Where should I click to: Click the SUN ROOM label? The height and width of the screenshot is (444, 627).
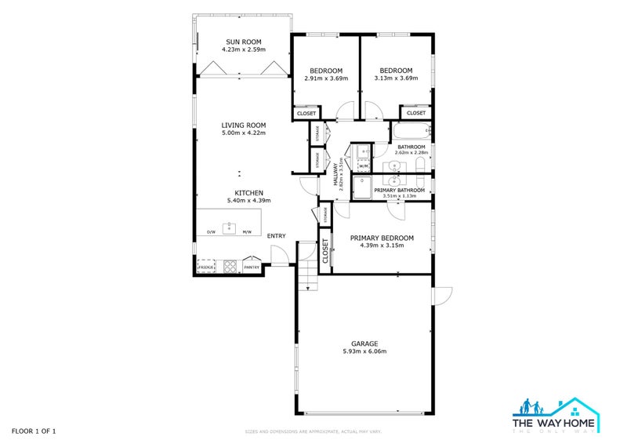coord(243,42)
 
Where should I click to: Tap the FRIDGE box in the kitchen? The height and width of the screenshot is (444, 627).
coord(206,267)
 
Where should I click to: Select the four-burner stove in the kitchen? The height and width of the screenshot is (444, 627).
coord(230,267)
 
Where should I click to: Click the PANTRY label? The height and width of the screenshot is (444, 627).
coord(252,267)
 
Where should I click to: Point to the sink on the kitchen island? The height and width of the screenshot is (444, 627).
coord(230,228)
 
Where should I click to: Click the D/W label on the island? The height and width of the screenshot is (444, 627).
coord(211,232)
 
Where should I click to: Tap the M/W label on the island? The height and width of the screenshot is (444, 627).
coord(247,232)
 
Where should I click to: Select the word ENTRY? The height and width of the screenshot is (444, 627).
coord(276,236)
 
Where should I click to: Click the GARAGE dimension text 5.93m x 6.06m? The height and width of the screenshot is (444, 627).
coord(364,351)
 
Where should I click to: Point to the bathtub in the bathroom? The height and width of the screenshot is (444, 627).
coord(410,133)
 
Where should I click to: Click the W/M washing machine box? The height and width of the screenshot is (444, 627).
coord(364,166)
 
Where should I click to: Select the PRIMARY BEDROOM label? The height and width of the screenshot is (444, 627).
coord(377,237)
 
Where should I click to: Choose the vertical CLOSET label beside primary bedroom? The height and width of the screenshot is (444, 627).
coord(325,250)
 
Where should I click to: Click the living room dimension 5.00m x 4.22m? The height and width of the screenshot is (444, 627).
coord(243,133)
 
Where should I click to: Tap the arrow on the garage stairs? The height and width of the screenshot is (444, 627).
coord(309,288)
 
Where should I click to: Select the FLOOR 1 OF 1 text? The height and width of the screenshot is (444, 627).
coord(33,431)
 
